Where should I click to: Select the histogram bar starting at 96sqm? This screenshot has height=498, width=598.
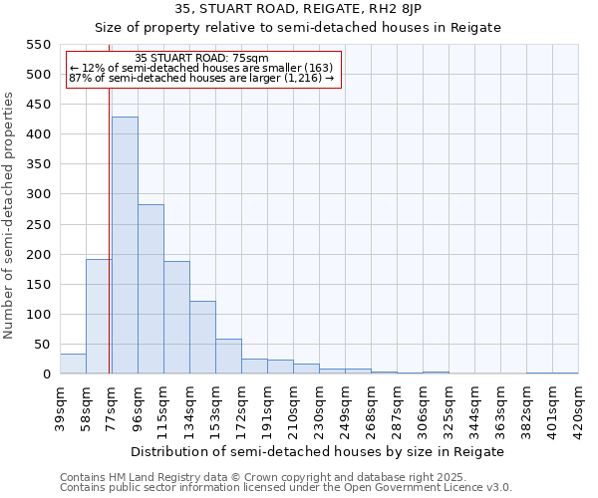click(150, 289)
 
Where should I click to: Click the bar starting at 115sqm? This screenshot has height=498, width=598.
click(176, 318)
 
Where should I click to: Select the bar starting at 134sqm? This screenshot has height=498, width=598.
click(202, 338)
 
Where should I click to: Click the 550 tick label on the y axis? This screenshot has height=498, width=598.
click(38, 45)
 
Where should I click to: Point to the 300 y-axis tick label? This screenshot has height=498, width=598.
click(38, 194)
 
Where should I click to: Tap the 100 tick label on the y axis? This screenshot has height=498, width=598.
click(38, 315)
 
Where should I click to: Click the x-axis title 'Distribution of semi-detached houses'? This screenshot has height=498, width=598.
click(319, 451)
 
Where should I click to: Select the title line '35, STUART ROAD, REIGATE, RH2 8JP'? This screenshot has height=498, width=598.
click(298, 10)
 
